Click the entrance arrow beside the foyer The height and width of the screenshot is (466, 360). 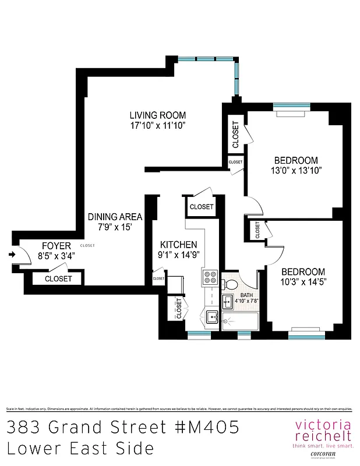(13, 254)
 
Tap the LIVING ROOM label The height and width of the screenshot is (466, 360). (157, 115)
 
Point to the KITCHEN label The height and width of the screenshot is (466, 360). (178, 245)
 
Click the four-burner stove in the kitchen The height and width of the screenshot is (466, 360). (209, 278)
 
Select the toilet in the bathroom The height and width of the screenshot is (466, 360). (232, 284)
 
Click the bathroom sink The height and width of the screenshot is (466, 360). (228, 302)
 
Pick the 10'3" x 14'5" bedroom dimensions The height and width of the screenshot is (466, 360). (303, 282)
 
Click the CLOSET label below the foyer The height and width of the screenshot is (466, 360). (58, 279)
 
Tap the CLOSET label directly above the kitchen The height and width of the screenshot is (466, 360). (202, 207)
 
